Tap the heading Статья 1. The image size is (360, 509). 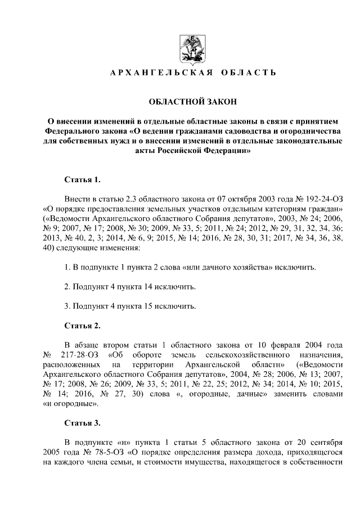[82, 180]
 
